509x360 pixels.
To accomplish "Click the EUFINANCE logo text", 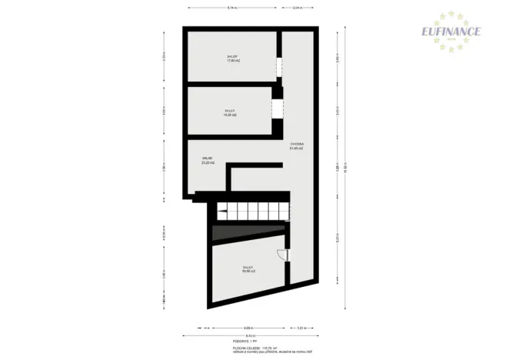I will (451, 32).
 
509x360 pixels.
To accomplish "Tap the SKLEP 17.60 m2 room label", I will (231, 58).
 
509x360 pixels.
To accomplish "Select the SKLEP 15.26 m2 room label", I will (230, 112).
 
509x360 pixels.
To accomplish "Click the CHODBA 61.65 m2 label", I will (297, 146).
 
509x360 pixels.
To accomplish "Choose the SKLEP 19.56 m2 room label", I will (249, 269).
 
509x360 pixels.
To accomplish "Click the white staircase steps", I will (251, 212).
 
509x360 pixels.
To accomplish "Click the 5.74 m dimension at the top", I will (231, 8).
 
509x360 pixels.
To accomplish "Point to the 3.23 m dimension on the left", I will (164, 57).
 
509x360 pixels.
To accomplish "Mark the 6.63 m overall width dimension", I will (250, 335).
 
